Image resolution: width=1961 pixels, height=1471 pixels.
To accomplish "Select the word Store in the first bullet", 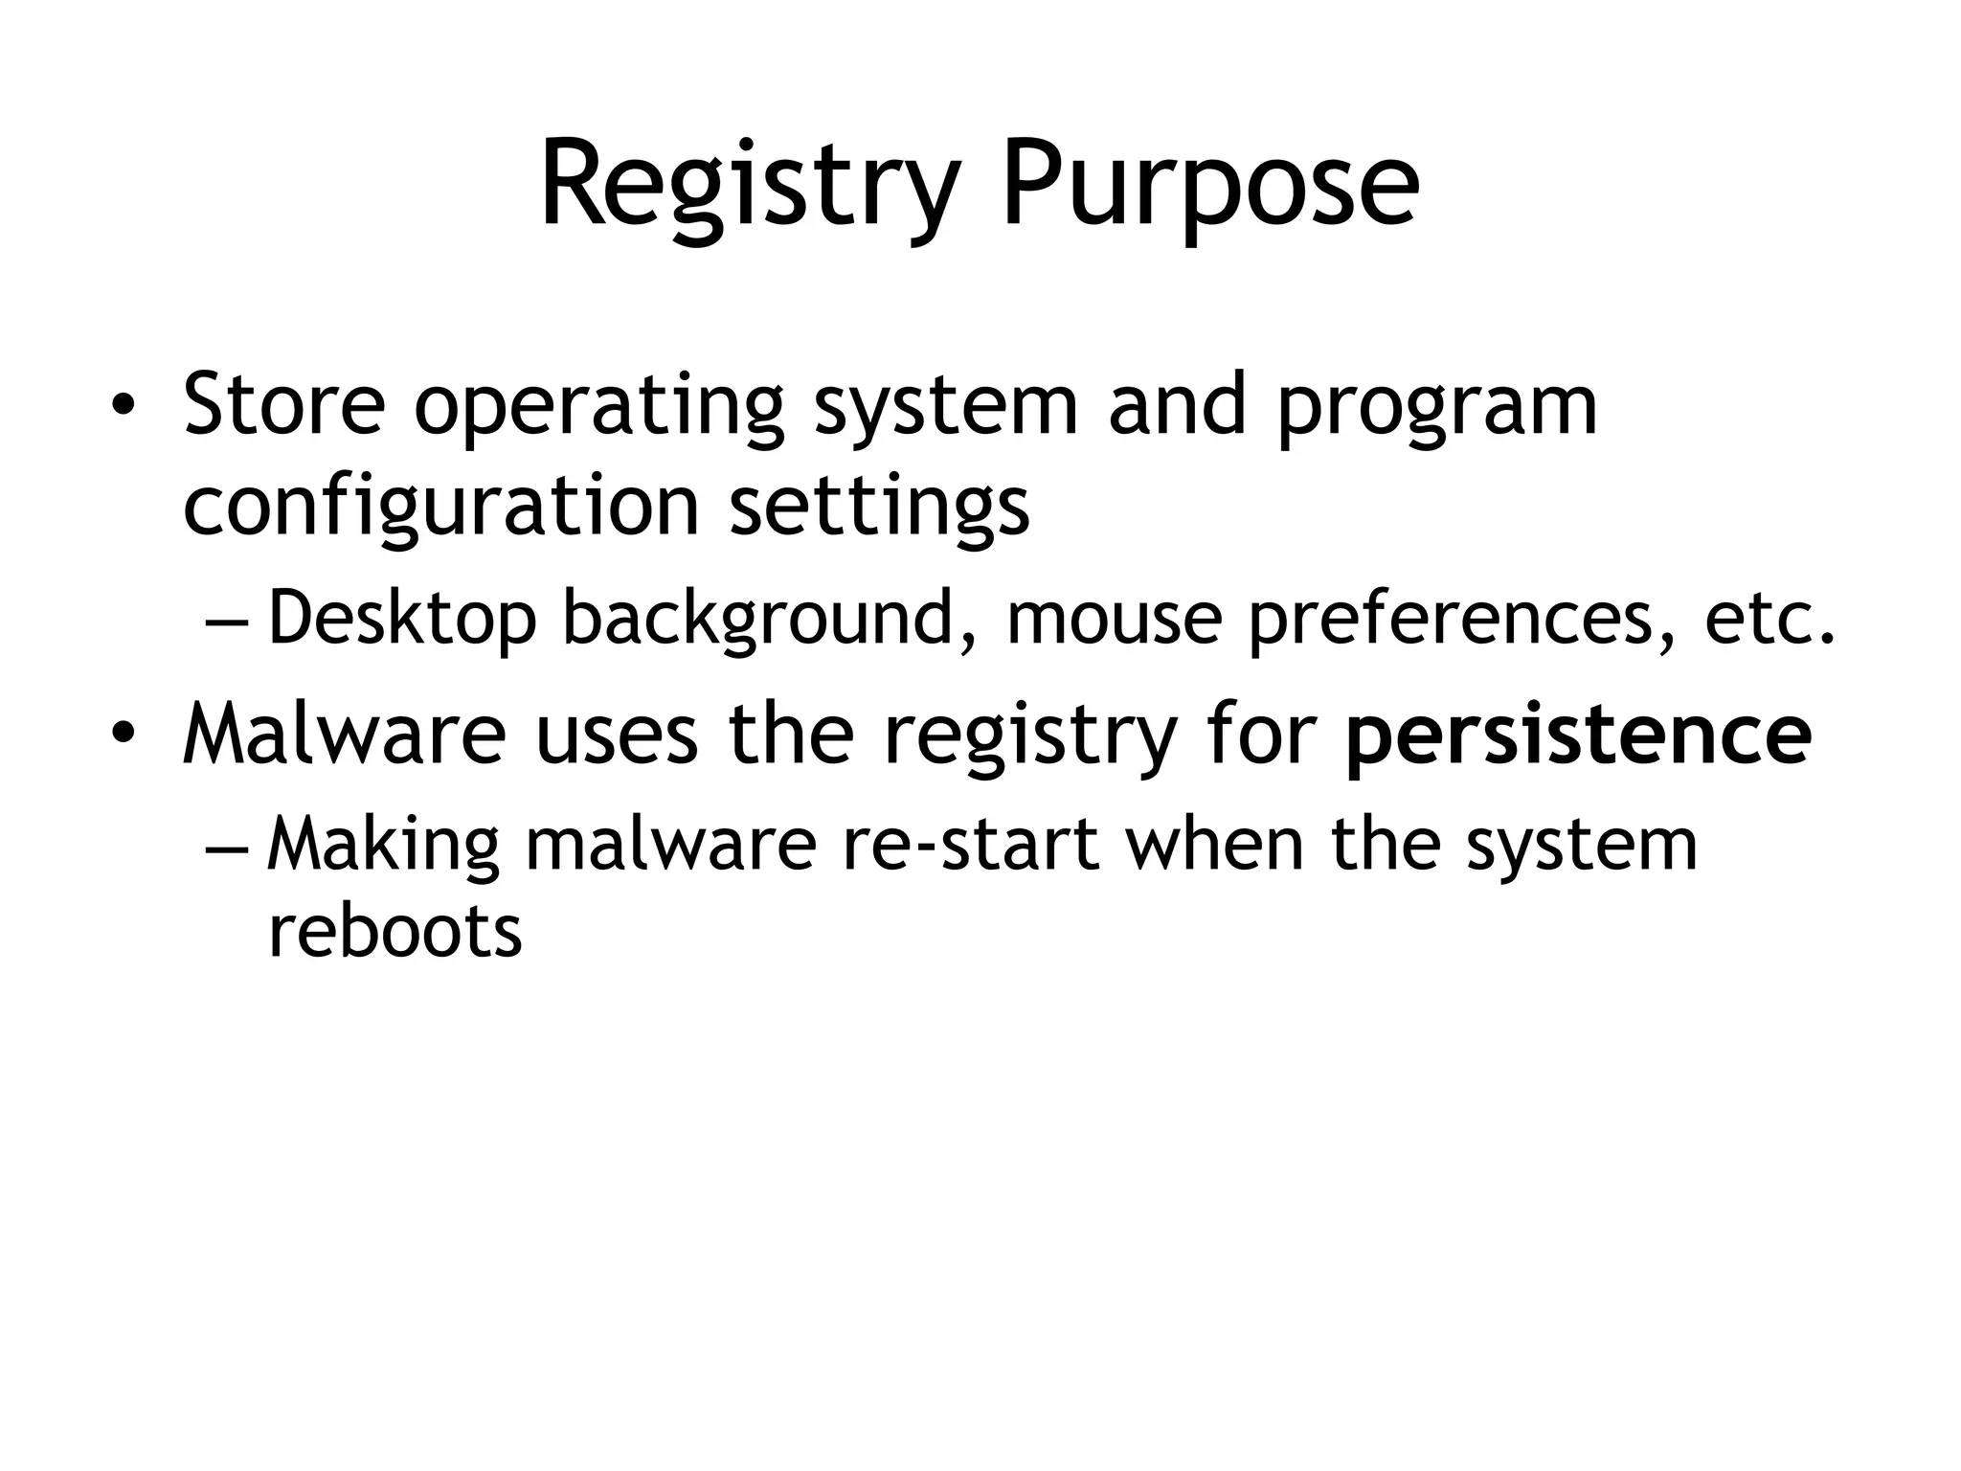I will (x=284, y=404).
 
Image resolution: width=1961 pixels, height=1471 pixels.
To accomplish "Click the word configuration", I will (x=441, y=508).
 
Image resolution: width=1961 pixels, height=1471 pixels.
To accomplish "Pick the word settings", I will (x=879, y=508).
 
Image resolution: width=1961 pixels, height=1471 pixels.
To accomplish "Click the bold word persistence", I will (x=1578, y=735).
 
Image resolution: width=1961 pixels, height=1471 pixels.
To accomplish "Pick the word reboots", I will (x=394, y=931).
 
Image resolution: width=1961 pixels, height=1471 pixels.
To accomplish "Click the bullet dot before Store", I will (x=123, y=406).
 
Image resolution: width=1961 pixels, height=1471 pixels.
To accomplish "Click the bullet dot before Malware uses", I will (x=123, y=735).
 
